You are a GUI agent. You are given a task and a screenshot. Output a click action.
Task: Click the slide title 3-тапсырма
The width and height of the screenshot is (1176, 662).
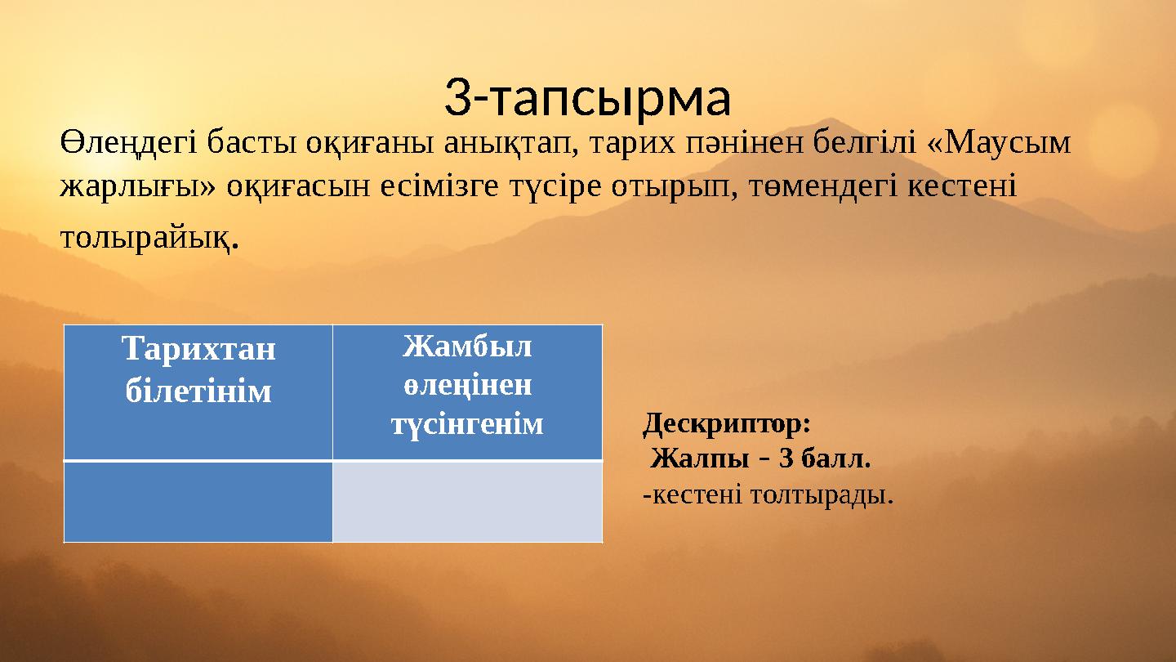tap(587, 98)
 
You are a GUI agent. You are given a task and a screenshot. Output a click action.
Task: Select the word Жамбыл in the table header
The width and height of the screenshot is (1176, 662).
tap(467, 347)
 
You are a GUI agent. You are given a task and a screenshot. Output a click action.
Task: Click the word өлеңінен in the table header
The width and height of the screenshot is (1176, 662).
tap(467, 385)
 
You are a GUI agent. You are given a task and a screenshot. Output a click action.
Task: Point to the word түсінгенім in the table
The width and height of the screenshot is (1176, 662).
tap(467, 424)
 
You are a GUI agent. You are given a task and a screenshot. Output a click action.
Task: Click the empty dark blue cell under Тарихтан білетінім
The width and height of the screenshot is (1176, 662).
tap(198, 501)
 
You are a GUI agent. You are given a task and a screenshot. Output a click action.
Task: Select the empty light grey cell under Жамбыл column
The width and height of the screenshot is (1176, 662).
tap(467, 501)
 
